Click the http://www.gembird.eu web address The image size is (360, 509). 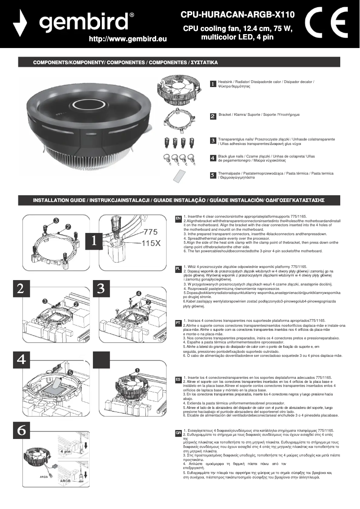pos(128,39)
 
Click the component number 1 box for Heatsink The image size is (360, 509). pos(213,84)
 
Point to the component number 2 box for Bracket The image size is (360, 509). pos(213,116)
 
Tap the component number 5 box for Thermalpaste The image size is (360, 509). pos(213,175)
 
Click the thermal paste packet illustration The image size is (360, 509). pos(180,175)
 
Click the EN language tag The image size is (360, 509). pos(178,218)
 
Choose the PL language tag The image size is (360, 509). pos(178,268)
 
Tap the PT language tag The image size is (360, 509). pos(178,323)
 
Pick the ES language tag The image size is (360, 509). pos(178,379)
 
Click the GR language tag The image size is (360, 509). pos(178,433)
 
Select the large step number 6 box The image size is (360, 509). pos(22,430)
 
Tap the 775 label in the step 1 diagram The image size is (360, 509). pos(150,233)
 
